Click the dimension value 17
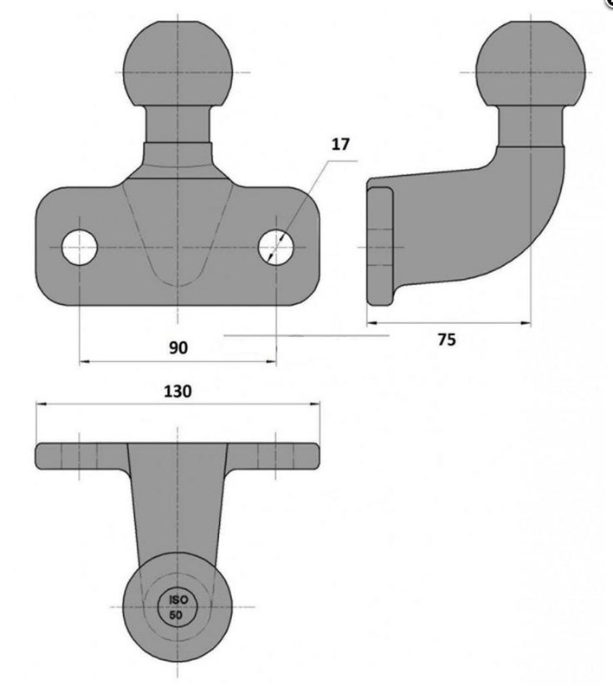340,144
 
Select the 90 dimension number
178,348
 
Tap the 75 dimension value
447,340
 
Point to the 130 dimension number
177,392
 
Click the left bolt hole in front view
80,247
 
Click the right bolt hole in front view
276,247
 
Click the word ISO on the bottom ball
178,599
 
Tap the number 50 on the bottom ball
176,615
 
